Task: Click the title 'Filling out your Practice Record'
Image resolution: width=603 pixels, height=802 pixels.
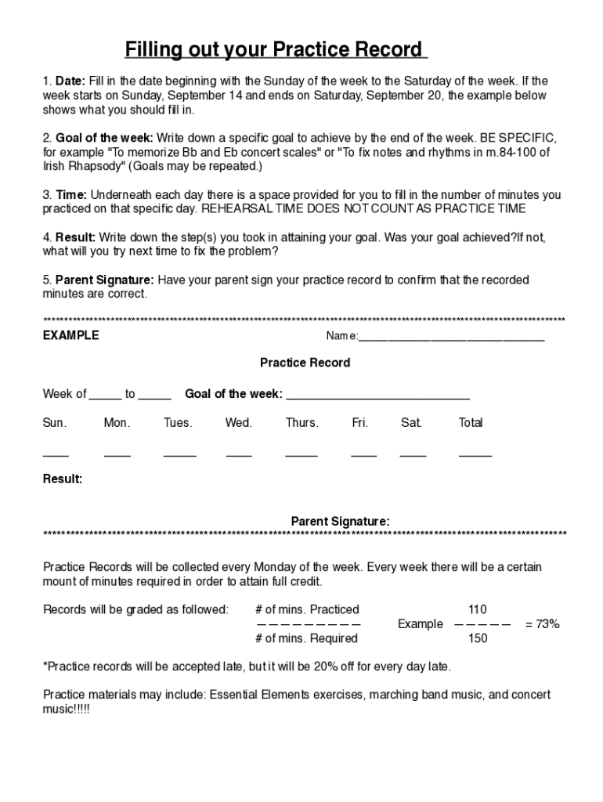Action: tap(276, 50)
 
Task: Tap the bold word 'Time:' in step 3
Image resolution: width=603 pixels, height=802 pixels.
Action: tap(72, 195)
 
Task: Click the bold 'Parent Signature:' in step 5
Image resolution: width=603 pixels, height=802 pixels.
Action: tap(105, 280)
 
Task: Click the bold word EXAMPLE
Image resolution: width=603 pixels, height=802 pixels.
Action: tap(70, 335)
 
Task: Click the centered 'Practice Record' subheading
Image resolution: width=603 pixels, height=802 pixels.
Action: tap(305, 363)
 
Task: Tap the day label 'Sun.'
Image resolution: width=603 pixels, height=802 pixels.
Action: tap(55, 423)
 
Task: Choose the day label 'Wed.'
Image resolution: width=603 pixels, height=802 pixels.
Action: tap(239, 423)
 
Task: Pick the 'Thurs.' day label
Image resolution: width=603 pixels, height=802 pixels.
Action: tap(301, 423)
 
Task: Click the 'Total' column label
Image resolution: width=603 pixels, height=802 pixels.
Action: tap(471, 423)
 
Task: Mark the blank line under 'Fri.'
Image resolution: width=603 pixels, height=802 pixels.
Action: tap(363, 455)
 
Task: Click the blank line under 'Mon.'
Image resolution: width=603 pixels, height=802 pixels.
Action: tap(117, 455)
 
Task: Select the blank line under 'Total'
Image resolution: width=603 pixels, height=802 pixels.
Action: tap(475, 455)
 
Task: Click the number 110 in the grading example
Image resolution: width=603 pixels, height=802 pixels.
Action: tap(477, 609)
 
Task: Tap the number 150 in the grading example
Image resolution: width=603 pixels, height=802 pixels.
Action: tap(477, 638)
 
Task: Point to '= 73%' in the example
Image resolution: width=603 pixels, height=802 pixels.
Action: tap(542, 624)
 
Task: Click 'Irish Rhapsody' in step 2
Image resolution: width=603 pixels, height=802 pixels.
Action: tap(81, 167)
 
